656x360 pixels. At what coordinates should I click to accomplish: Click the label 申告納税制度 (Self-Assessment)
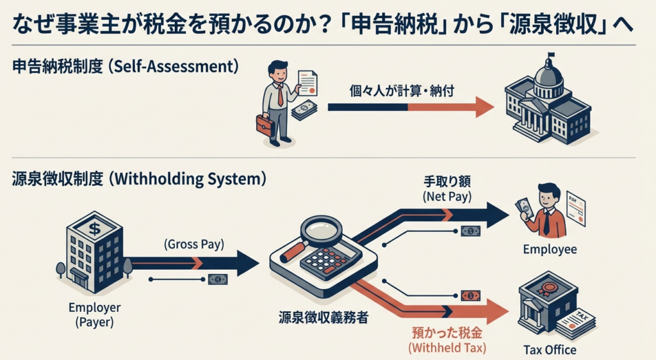(x=125, y=66)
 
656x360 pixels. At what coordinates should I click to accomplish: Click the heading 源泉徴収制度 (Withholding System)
(x=138, y=179)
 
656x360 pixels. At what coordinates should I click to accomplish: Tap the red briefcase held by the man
(x=265, y=124)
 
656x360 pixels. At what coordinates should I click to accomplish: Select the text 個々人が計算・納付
(x=402, y=90)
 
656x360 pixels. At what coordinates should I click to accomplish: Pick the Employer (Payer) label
(x=94, y=315)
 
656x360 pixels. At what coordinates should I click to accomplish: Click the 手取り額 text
(x=447, y=182)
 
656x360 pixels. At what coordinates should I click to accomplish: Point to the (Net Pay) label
(x=447, y=197)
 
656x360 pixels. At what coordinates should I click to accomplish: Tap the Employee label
(x=549, y=249)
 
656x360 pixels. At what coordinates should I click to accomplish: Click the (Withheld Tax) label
(x=447, y=348)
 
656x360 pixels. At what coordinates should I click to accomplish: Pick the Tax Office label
(x=549, y=350)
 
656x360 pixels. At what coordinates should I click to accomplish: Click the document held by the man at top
(x=307, y=81)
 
